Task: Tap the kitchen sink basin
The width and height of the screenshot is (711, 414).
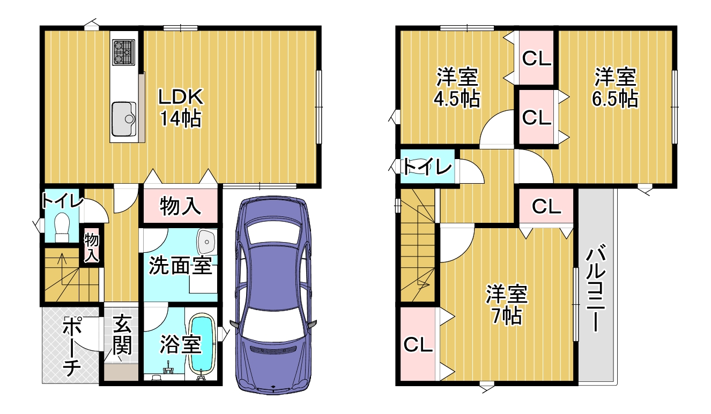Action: (124, 119)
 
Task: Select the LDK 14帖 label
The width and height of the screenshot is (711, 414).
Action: (181, 108)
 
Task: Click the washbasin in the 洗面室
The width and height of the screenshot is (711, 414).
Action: (206, 242)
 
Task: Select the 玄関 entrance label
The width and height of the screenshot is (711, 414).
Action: (122, 334)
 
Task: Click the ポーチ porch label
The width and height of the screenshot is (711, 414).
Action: (72, 346)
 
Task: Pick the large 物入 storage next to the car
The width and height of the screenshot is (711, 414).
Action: (180, 206)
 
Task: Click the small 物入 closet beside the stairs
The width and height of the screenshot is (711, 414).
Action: (91, 248)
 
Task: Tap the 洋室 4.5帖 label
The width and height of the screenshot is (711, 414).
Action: (457, 87)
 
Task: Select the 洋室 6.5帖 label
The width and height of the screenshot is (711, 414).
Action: (615, 87)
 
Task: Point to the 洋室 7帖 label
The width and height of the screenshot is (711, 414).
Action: (507, 305)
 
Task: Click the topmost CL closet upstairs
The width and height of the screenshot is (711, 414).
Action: (536, 58)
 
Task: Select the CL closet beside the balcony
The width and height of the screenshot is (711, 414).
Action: (546, 207)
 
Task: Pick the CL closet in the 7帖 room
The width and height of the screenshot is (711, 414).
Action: (418, 344)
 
